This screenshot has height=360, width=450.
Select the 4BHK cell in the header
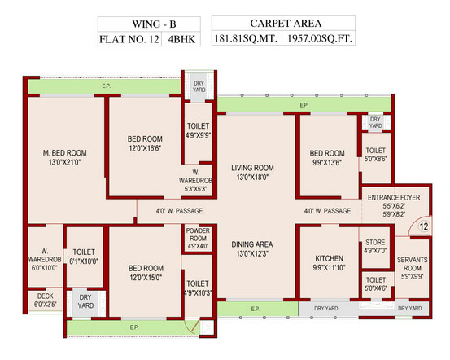click(x=181, y=39)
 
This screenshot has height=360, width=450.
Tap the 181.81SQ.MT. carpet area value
click(x=247, y=38)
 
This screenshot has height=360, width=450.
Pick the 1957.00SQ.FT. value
click(x=318, y=38)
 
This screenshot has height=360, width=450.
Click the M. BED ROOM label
click(x=64, y=153)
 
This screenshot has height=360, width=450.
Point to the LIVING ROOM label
click(x=252, y=168)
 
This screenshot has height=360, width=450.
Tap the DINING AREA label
click(x=252, y=244)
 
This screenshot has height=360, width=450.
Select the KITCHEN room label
click(x=329, y=258)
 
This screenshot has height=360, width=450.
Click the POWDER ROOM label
click(x=198, y=235)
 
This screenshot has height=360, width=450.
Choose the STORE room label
click(x=375, y=242)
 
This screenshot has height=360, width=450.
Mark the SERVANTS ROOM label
click(x=413, y=264)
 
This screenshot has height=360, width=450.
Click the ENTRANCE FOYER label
click(x=394, y=198)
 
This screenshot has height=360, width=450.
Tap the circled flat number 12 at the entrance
click(x=424, y=226)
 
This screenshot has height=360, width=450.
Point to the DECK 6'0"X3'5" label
click(x=46, y=300)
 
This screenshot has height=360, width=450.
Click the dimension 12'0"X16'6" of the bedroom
click(x=145, y=148)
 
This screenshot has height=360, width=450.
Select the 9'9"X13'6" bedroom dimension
click(x=327, y=163)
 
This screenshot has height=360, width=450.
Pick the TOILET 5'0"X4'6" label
click(x=376, y=283)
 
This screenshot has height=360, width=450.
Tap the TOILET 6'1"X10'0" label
click(x=84, y=257)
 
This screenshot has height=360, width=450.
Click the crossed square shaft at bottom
click(x=207, y=327)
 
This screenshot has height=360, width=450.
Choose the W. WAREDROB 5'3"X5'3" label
click(x=196, y=181)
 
